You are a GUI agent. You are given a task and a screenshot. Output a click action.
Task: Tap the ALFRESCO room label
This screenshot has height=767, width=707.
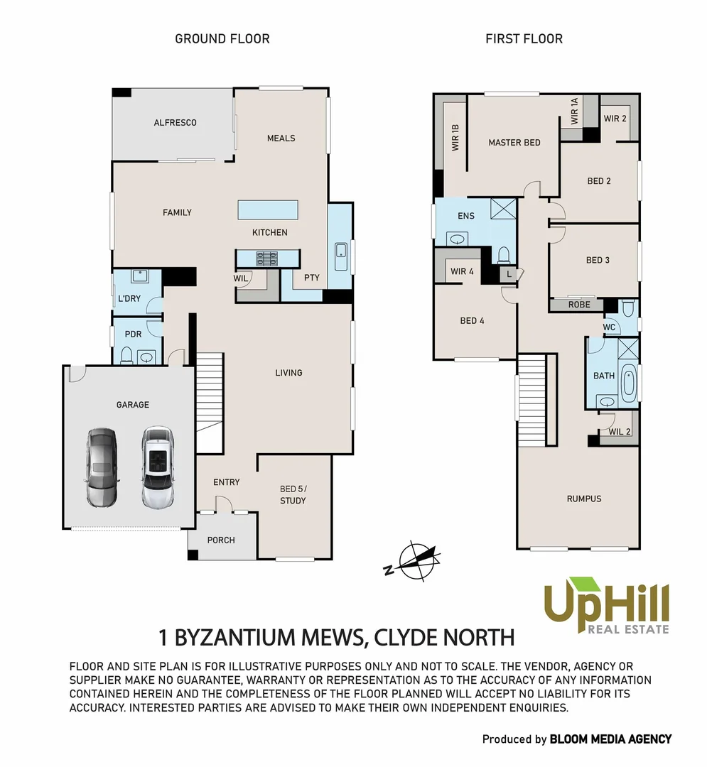click(x=175, y=123)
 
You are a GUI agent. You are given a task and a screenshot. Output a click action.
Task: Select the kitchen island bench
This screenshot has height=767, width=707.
click(x=267, y=210)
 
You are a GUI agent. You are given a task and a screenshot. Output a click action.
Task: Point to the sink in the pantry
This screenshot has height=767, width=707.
click(x=341, y=250)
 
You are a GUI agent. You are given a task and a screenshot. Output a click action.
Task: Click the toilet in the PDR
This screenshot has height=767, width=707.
click(x=126, y=354)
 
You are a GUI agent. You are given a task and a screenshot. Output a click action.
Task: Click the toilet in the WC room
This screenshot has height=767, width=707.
click(x=627, y=308)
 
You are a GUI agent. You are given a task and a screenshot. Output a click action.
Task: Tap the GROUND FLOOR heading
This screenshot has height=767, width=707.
click(x=222, y=38)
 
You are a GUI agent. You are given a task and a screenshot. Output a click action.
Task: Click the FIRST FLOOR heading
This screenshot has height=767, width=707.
click(x=524, y=38)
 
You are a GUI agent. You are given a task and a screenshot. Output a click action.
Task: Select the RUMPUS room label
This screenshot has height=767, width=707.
click(x=583, y=499)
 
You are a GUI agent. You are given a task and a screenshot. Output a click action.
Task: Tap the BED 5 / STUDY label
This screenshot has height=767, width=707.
click(x=293, y=495)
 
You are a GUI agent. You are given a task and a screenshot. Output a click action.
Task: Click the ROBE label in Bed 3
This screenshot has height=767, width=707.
click(x=579, y=305)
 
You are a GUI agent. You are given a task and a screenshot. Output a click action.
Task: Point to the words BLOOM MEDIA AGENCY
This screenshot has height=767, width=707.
click(x=610, y=739)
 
